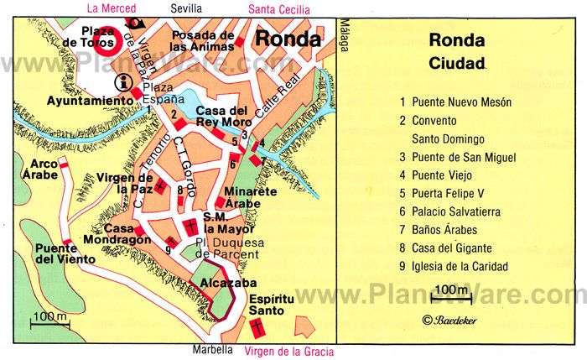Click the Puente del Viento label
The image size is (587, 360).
point(56,253)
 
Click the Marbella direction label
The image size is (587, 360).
point(210,350)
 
